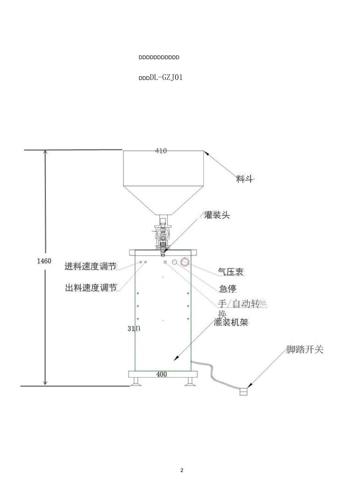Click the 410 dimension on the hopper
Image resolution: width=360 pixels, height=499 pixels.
click(161, 151)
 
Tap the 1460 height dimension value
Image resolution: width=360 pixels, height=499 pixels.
click(44, 261)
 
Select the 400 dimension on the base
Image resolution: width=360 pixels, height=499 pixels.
click(162, 374)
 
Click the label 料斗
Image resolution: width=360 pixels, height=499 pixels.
click(244, 179)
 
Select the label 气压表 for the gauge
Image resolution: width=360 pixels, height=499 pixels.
click(230, 271)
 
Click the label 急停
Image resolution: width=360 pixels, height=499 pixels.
click(227, 288)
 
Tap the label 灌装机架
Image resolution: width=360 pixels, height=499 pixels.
click(231, 323)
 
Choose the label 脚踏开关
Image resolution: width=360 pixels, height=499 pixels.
click(305, 349)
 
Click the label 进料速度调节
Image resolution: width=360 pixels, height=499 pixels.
click(90, 267)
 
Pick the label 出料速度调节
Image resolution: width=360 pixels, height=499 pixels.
click(91, 288)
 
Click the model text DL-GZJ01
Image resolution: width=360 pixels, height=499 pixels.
click(166, 78)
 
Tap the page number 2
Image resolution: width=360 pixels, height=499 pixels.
click(182, 471)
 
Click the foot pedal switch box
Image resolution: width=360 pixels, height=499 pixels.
click(243, 392)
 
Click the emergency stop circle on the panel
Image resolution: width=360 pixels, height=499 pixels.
click(175, 262)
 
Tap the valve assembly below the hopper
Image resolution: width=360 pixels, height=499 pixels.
click(163, 233)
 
